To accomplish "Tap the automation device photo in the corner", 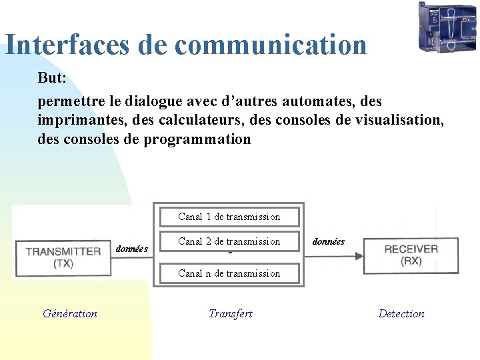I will click(x=447, y=27).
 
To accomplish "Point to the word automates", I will click(x=321, y=102).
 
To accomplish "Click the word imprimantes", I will click(x=77, y=121).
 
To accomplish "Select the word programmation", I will click(x=197, y=139).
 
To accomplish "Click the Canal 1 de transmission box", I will click(x=229, y=216).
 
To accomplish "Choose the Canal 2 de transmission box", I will click(x=229, y=241).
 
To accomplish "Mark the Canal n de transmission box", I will click(x=229, y=273).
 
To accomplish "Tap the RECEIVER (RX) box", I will click(x=411, y=254).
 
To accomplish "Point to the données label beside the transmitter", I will click(x=132, y=249).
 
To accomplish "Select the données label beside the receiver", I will click(x=328, y=241).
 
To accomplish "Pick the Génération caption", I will click(x=69, y=313).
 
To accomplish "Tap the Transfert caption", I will click(x=230, y=313).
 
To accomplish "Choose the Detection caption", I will click(x=401, y=313).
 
